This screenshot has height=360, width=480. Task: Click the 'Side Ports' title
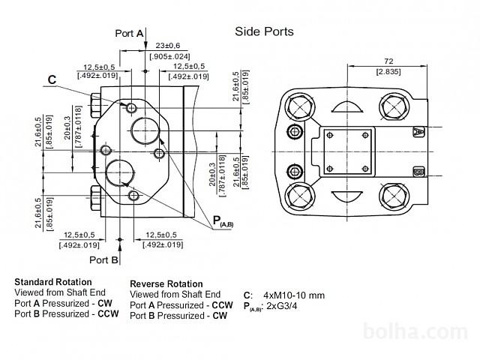[x=264, y=31]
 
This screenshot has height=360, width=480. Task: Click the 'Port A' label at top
[x=129, y=33]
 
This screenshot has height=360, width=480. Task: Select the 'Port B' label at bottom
[x=104, y=260]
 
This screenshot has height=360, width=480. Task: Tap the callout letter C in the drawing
[x=52, y=79]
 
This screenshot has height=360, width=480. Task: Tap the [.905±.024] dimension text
[x=170, y=56]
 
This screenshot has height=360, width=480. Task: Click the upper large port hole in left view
[x=145, y=130]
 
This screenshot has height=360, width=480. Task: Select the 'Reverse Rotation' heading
[x=166, y=284]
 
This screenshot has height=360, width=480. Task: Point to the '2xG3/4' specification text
[x=289, y=307]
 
